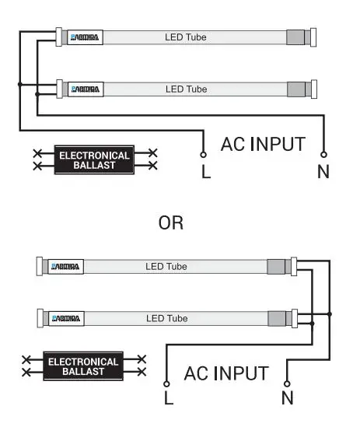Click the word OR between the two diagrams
point(170,223)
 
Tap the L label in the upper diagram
point(205,172)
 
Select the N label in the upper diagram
point(323,172)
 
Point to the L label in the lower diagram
point(168,400)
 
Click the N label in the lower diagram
point(287,400)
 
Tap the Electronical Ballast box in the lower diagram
point(83,366)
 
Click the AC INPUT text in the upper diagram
point(263,145)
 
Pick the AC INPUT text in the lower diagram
point(226,373)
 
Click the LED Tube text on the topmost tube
point(186,37)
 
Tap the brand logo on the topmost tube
point(86,37)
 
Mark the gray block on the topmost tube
point(295,37)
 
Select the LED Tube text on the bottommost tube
point(166,319)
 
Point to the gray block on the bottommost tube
point(275,319)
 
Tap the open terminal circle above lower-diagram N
point(287,383)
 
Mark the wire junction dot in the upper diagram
point(19,84)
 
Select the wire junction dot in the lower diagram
point(330,314)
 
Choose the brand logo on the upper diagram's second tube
point(86,89)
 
